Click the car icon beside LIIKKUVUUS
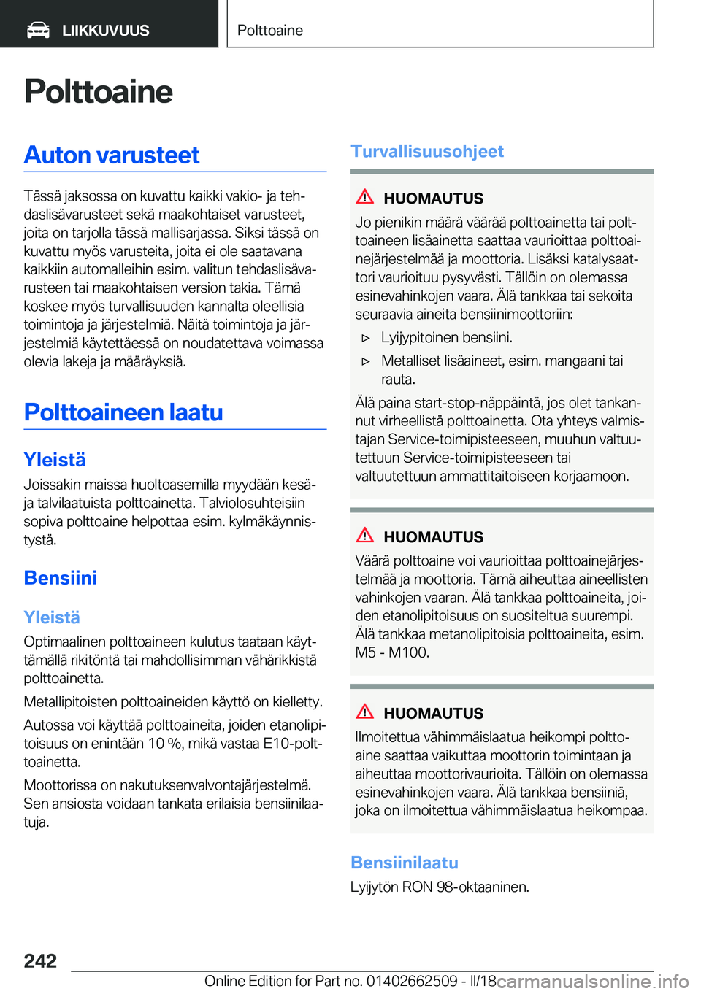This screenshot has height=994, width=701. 38,30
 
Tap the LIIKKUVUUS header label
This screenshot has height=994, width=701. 105,31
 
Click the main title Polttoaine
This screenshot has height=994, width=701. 99,92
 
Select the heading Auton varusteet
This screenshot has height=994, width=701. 112,155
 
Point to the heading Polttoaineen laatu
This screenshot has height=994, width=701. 123,412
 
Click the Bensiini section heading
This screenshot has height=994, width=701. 61,578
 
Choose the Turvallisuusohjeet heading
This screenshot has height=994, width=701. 427,151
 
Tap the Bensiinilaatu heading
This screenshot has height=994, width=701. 405,863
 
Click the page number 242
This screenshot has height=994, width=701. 40,960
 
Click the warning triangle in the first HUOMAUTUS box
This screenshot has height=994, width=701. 365,196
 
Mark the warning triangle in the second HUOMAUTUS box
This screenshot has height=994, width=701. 365,535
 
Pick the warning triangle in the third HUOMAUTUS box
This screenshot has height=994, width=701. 365,712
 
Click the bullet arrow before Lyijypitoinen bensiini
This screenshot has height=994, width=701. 367,338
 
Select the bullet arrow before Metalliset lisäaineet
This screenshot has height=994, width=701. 367,361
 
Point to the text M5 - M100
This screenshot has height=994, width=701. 392,652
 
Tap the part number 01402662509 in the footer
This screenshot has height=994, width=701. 412,981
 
